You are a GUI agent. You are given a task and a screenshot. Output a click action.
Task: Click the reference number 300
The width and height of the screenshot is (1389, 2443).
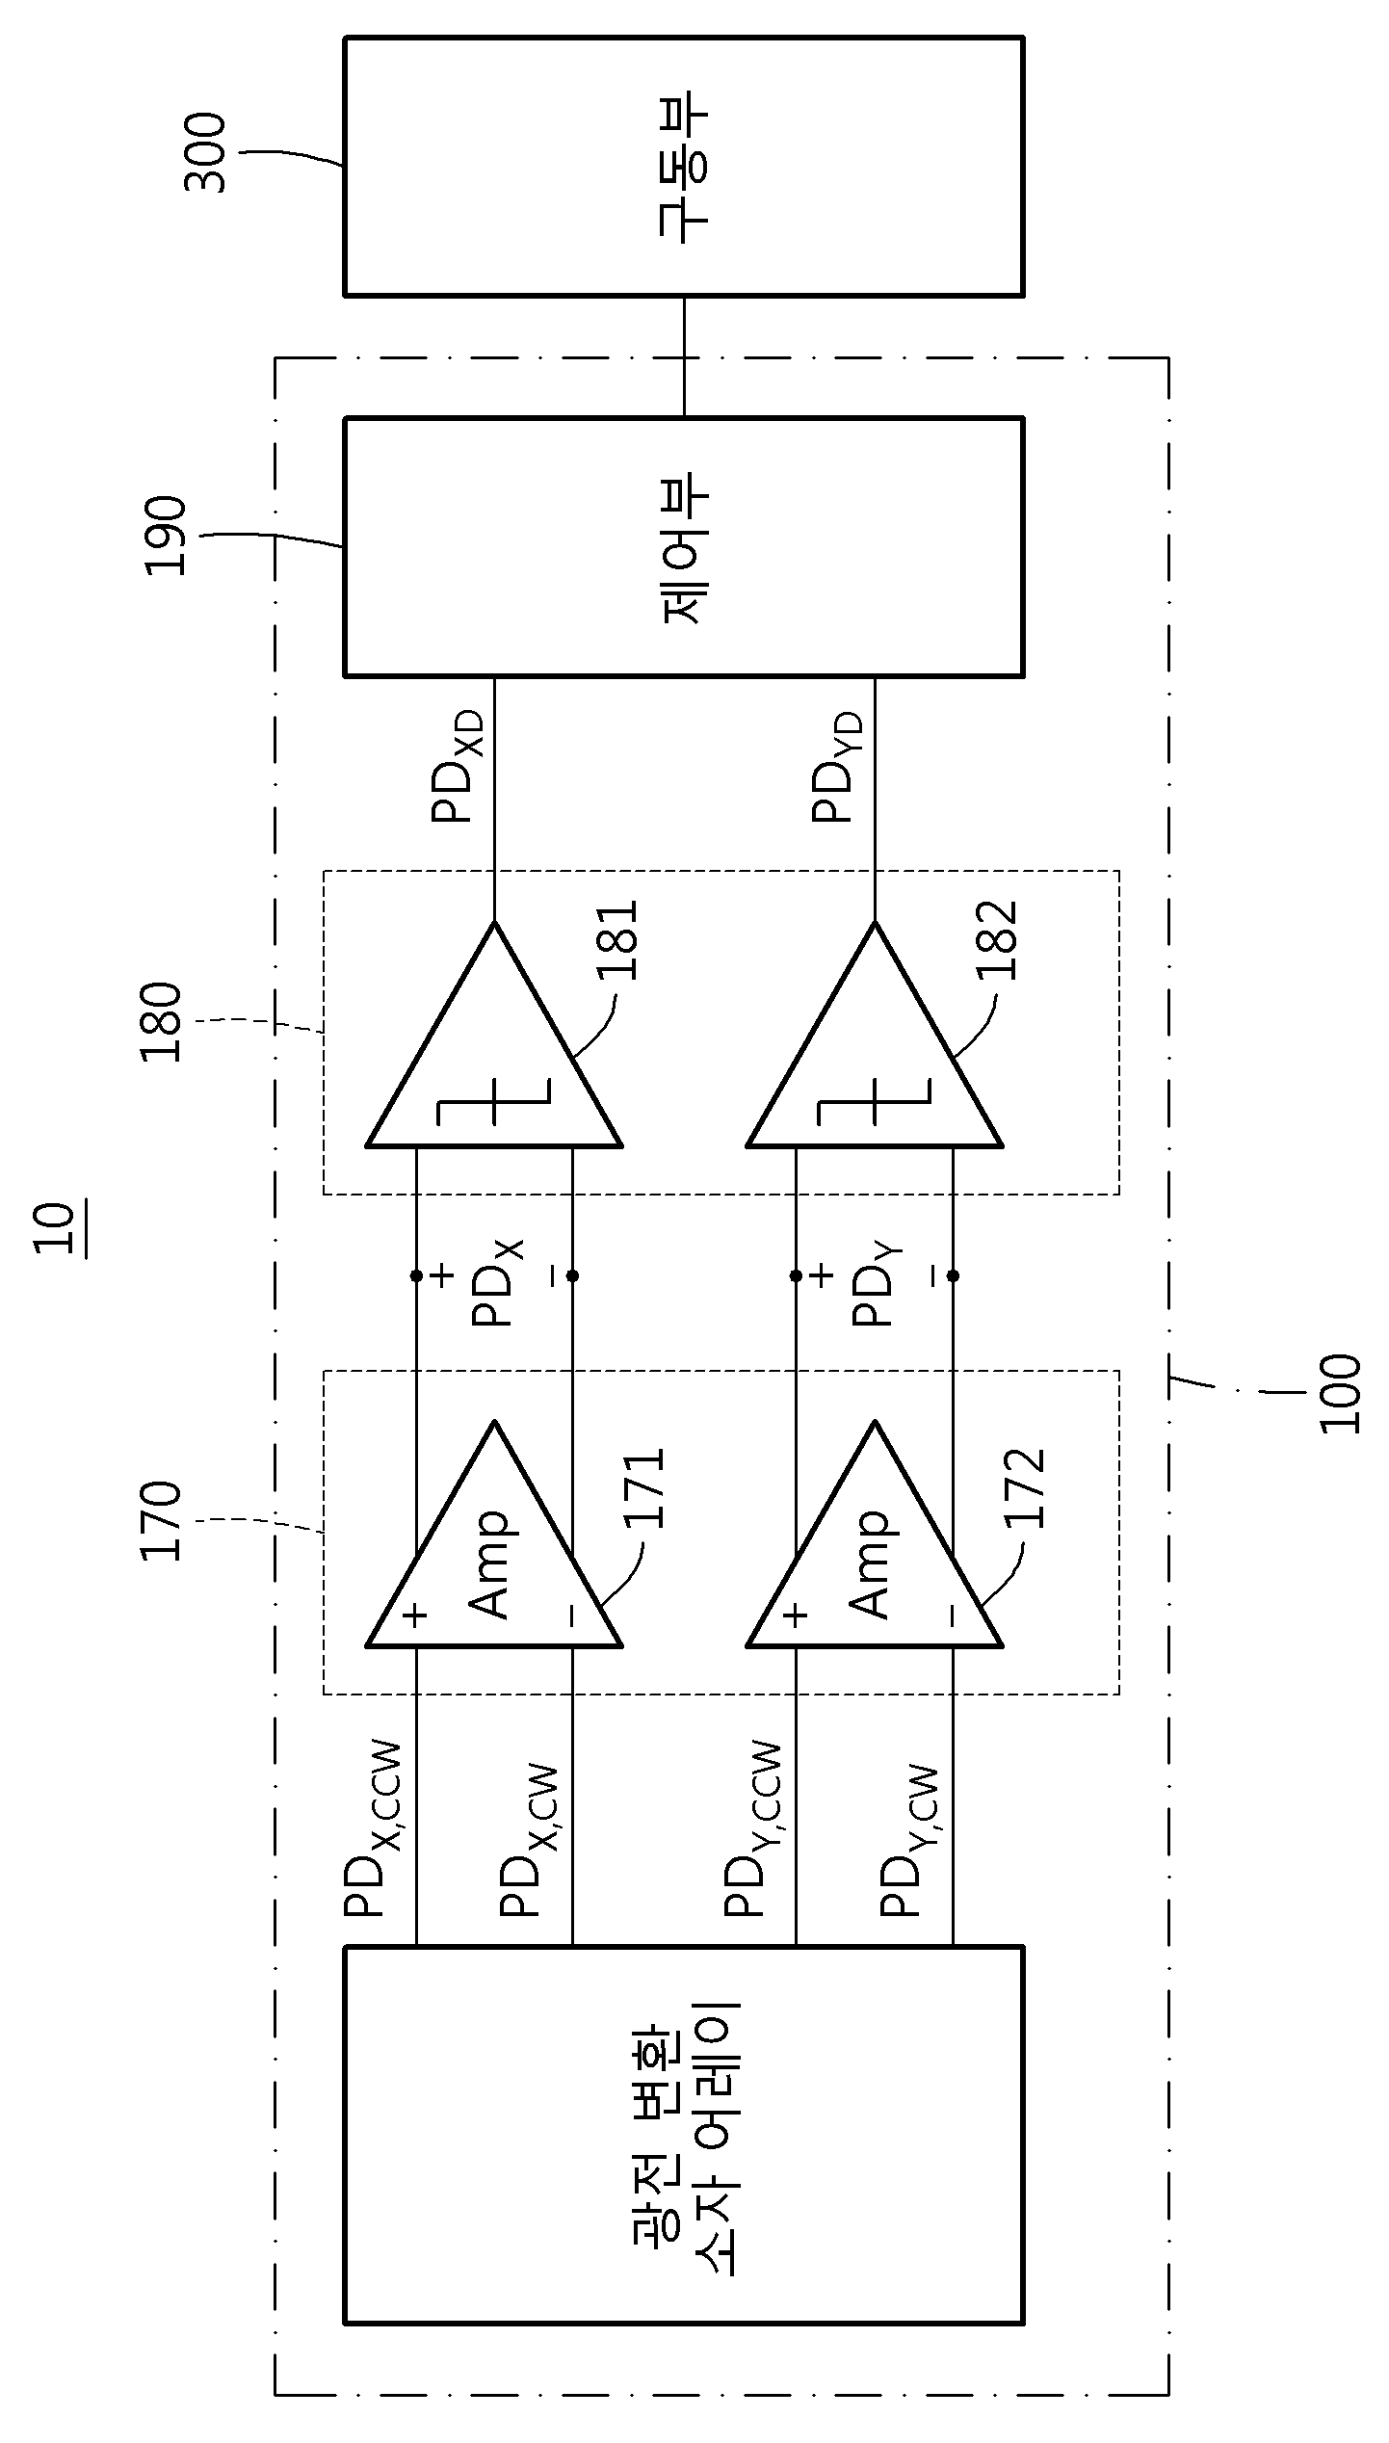(x=204, y=153)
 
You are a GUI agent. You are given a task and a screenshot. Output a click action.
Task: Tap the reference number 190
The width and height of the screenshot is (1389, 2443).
(x=165, y=535)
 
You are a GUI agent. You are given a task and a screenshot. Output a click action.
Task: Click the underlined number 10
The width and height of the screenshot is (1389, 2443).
(x=55, y=1228)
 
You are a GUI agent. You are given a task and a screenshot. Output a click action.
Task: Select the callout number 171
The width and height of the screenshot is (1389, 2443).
(x=643, y=1488)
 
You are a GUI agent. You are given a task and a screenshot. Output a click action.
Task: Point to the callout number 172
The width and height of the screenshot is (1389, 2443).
(x=1024, y=1488)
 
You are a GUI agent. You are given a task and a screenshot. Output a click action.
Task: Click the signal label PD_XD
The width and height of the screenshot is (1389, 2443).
(x=457, y=767)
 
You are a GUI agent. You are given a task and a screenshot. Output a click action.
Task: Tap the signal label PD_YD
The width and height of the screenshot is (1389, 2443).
(x=836, y=767)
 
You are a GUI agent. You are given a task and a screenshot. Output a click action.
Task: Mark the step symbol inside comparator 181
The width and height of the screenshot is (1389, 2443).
(x=493, y=1102)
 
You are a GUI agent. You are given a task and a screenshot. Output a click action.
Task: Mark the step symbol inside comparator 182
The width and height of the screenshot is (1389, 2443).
(x=874, y=1102)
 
